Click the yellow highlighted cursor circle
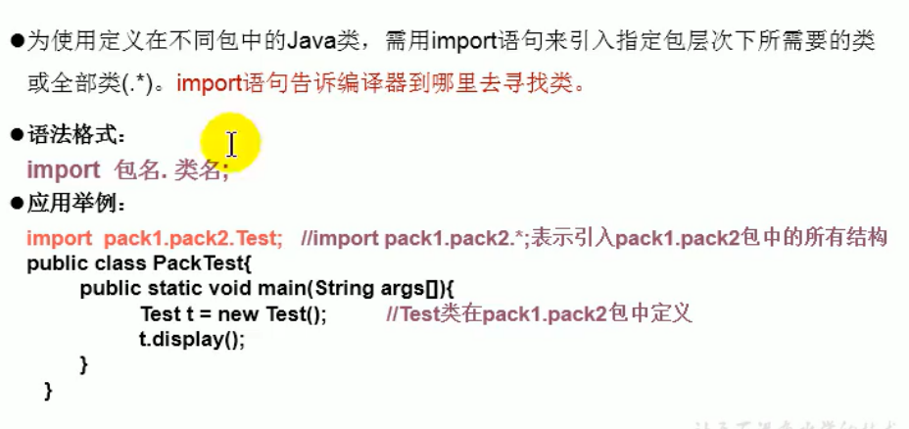point(231,144)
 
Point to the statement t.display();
point(191,340)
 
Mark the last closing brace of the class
point(48,391)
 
